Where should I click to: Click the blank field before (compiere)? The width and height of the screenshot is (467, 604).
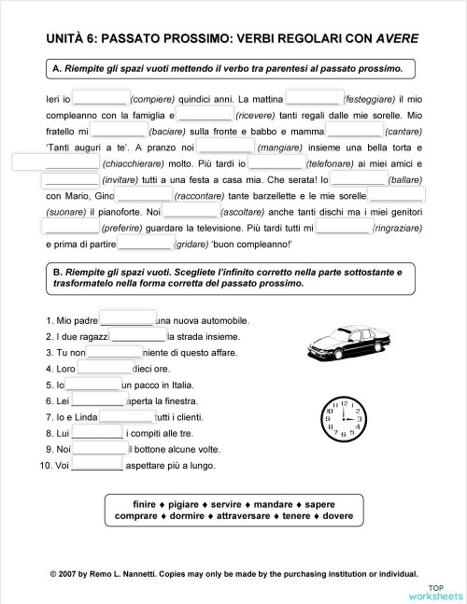(x=101, y=97)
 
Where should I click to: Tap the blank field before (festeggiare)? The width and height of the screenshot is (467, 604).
(x=314, y=97)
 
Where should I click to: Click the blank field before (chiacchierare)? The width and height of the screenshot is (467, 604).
(x=42, y=162)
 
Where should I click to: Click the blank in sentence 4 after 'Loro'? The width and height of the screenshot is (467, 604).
(x=93, y=369)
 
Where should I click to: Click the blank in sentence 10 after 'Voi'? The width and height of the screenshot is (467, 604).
(x=97, y=465)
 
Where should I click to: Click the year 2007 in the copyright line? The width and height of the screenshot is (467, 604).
(x=70, y=575)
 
